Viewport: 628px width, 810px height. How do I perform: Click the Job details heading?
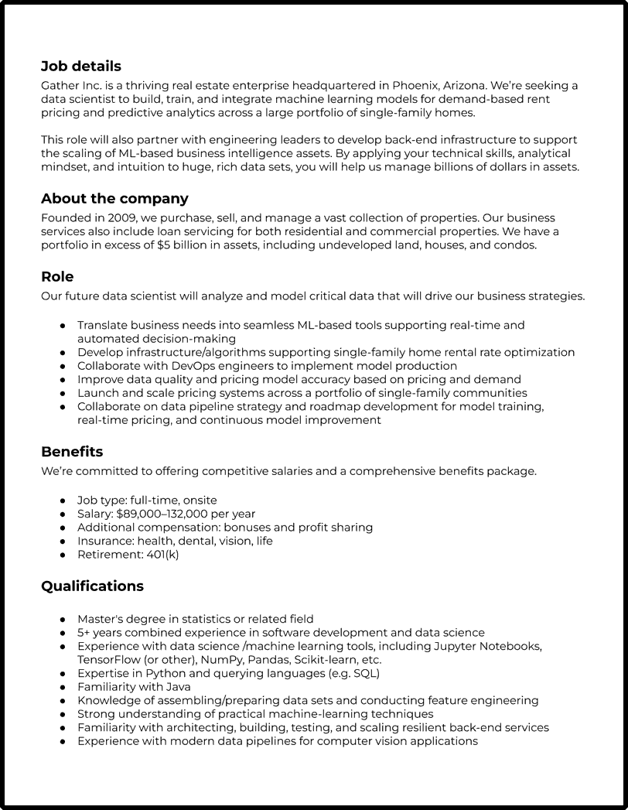pos(81,67)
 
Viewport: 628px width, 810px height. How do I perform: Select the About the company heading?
pos(114,199)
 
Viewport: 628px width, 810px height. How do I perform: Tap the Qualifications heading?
pos(92,586)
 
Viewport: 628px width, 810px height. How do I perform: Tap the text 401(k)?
pos(162,555)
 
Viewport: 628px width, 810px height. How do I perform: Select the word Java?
pos(178,687)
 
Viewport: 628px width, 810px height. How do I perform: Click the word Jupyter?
pos(456,646)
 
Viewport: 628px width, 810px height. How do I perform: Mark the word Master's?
pos(101,619)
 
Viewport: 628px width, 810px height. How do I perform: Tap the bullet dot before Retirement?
pos(63,555)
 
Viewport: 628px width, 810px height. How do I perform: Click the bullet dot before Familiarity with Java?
pos(63,687)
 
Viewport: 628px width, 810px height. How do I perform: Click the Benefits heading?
pos(72,451)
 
